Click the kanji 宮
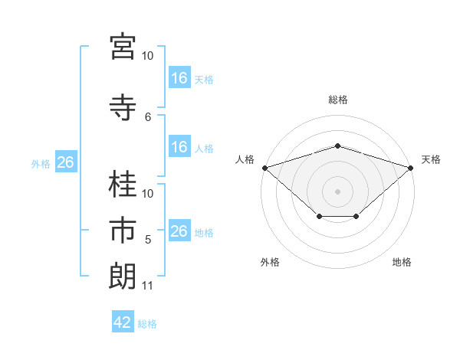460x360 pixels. (x=123, y=47)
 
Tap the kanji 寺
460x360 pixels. (x=123, y=107)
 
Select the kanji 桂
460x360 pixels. (x=123, y=184)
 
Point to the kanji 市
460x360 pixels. (x=123, y=230)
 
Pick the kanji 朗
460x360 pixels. (x=123, y=277)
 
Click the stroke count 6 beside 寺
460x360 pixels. (x=148, y=117)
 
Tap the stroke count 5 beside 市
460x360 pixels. (x=148, y=240)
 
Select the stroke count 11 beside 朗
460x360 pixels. (x=147, y=286)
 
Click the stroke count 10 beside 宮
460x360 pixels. (x=147, y=56)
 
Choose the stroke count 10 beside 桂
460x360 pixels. (x=147, y=194)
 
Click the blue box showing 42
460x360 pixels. (x=123, y=321)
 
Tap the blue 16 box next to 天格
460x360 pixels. (x=180, y=77)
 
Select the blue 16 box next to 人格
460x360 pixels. (x=180, y=146)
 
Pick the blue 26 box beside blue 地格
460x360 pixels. (x=180, y=230)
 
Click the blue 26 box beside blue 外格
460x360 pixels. (x=66, y=162)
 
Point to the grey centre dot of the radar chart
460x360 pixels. (x=337, y=191)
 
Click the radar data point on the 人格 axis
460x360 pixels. (x=265, y=168)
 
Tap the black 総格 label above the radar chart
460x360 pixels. (x=338, y=100)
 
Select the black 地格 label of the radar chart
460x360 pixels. (x=402, y=262)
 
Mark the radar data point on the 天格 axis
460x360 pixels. (x=411, y=168)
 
